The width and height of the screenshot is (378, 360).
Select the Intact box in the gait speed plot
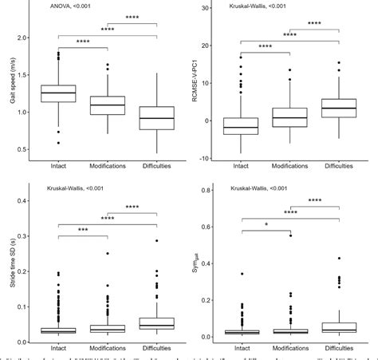[x=59, y=93]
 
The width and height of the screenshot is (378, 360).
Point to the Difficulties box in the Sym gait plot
[x=339, y=327]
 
